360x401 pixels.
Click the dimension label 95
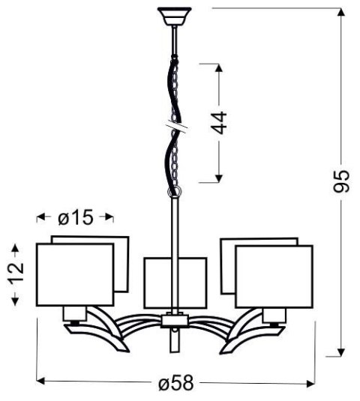[x=342, y=181]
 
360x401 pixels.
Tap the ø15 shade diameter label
[x=74, y=218]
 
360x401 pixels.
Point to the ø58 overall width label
[x=177, y=384]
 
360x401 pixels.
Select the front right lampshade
[x=273, y=275]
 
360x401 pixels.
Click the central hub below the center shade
[x=173, y=321]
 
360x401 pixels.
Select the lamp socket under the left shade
[x=73, y=313]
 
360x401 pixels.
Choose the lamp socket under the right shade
[x=274, y=314]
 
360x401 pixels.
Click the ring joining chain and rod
[x=175, y=193]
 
